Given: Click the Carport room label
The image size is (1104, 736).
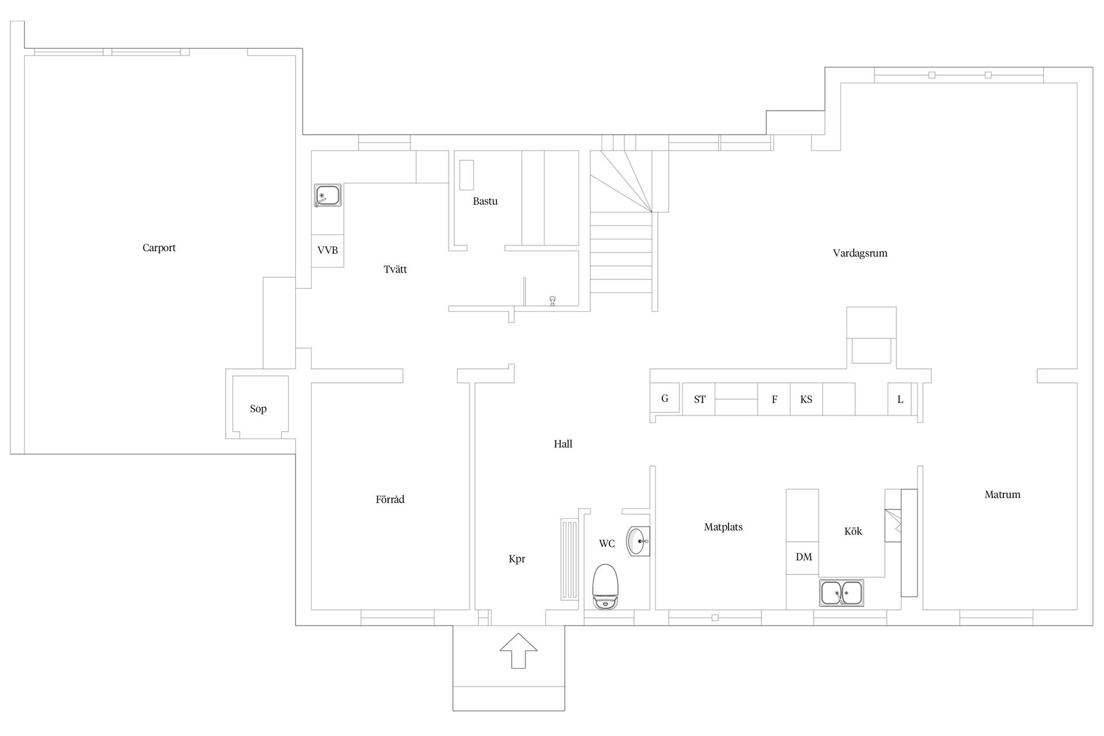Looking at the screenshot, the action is pos(159,248).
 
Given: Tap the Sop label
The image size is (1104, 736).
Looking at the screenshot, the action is pos(258,409).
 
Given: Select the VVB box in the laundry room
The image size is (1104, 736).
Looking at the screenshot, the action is pos(328,251).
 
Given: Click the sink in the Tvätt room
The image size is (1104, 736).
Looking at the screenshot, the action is pos(328,195).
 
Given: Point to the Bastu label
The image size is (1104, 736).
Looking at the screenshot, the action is pos(485,201).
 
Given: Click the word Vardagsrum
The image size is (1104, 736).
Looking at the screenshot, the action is pos(860,254).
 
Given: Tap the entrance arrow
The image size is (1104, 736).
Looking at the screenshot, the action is pos(518,650).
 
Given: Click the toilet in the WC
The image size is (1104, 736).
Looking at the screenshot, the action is pos(605,586).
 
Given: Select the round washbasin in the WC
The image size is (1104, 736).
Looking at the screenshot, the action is pos(638,541).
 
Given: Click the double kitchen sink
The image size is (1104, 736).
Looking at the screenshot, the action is pos(841,593).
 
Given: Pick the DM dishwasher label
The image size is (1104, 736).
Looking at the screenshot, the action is pos(804,557).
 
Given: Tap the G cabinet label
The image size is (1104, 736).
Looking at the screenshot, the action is pos(665,398).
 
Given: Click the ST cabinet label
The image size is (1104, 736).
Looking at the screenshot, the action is pos(700,400).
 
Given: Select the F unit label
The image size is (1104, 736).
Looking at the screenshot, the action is pos(775,400).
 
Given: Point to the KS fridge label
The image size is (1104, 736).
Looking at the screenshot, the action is pos(806,400).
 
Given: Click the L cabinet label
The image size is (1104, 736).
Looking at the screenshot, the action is pos(900,400).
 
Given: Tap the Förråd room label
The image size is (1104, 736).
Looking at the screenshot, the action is pos(390,499).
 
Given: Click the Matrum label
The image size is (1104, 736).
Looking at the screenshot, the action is pos(1002,494).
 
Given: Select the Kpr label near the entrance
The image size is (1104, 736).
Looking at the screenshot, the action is pos(517,559).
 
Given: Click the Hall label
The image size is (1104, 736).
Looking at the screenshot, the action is pos(563,444).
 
